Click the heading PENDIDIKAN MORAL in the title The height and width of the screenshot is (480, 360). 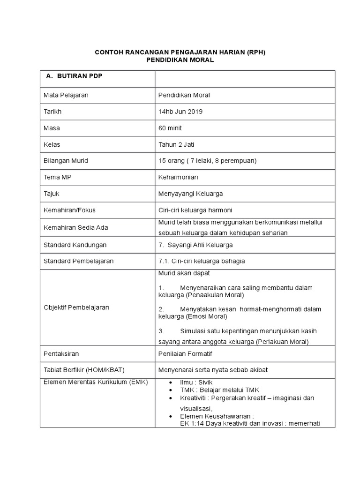coord(180,60)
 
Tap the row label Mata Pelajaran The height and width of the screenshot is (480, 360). coord(66,95)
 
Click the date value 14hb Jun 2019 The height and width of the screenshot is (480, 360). coord(181,112)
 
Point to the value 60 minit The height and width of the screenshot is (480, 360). coord(171,128)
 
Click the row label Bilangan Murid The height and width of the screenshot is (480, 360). coord(66,161)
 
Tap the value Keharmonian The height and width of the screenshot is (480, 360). coord(178,177)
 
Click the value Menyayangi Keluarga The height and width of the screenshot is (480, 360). coord(191,194)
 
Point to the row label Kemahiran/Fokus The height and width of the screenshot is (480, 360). coord(69,210)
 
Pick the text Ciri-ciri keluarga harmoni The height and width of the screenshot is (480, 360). coord(195,210)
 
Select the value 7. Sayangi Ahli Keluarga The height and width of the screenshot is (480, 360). coord(195,245)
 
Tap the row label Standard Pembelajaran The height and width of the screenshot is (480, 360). coord(78,261)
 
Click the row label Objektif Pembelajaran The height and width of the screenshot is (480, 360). coord(76,307)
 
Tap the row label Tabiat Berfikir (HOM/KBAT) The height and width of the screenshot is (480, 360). coord(84,369)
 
